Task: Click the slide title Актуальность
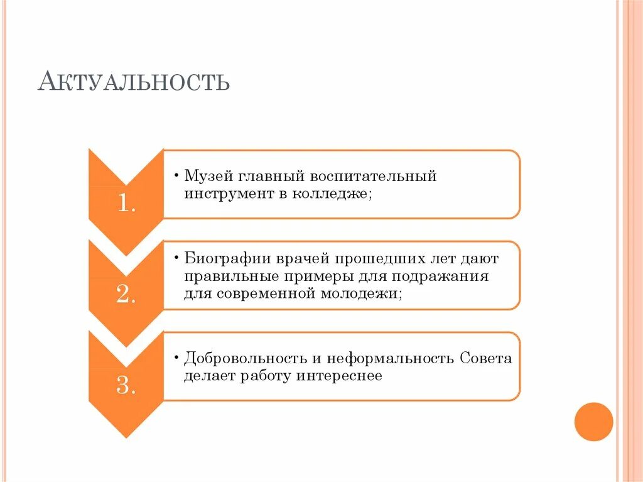133,82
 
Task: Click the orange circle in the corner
593,421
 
